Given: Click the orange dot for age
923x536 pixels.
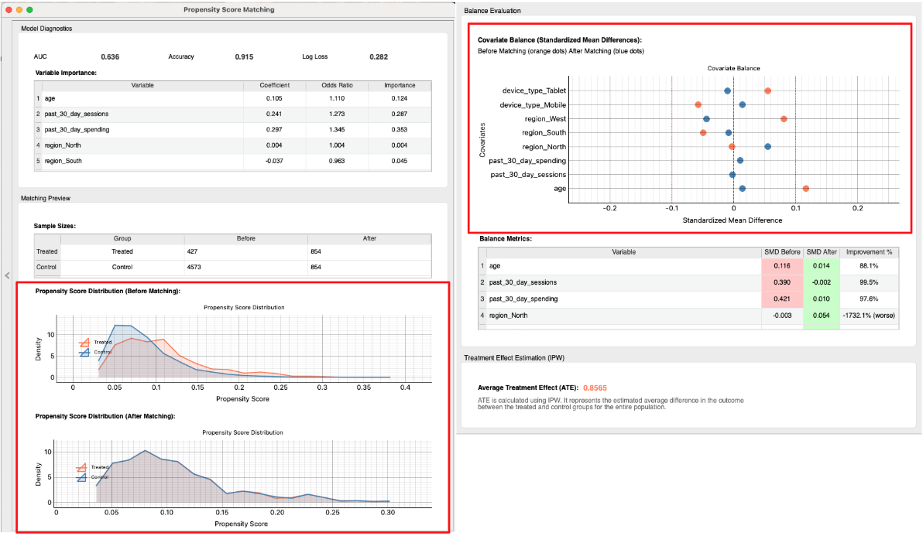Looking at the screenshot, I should tap(806, 189).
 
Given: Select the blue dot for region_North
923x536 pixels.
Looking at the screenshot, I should tap(767, 147).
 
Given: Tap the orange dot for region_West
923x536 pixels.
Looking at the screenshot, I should tap(784, 119).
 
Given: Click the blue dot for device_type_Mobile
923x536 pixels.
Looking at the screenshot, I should tap(742, 105).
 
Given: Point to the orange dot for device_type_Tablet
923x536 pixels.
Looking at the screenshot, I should tap(767, 91).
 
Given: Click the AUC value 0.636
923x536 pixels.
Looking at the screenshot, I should tap(110, 57).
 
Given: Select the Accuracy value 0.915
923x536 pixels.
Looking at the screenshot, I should tap(244, 57).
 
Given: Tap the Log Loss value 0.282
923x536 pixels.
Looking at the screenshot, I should tap(379, 57).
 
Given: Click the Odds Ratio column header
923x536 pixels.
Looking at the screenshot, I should tap(337, 85).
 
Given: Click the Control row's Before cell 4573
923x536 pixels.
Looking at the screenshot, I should tap(195, 266).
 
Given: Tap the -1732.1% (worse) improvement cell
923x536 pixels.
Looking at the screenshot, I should tap(870, 316).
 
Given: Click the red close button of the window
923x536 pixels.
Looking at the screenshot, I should tap(9, 10).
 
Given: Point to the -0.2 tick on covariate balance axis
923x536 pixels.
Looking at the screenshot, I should tap(609, 208).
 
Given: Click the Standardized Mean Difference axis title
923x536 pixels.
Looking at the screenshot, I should tap(733, 220).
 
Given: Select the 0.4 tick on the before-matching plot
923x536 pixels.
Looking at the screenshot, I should tap(405, 388).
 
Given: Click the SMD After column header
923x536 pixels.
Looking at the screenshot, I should tap(821, 252).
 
